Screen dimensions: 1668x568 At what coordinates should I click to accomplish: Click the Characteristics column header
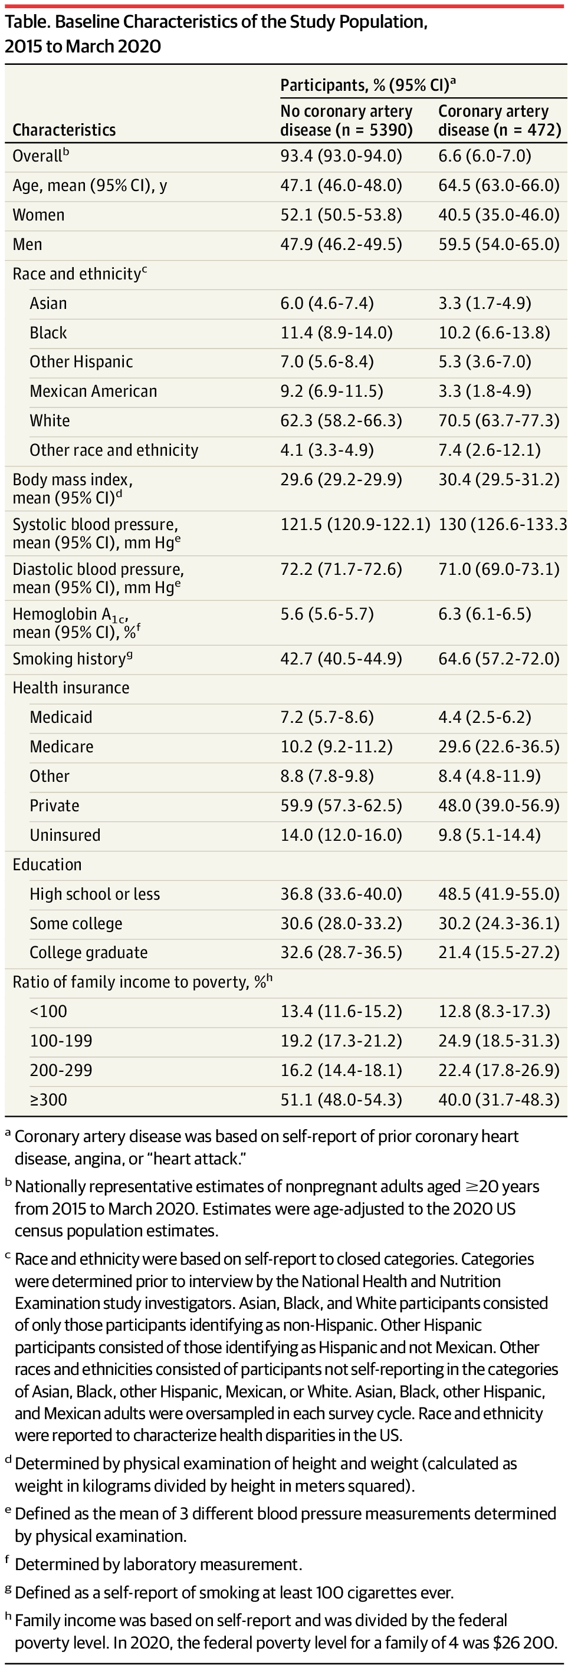pyautogui.click(x=64, y=130)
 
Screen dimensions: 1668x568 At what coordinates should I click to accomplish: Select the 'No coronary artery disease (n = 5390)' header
pyautogui.click(x=346, y=120)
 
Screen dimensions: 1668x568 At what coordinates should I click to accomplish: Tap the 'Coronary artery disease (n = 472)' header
pyautogui.click(x=500, y=120)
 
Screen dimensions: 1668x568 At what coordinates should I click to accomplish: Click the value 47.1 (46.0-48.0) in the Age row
pyautogui.click(x=341, y=186)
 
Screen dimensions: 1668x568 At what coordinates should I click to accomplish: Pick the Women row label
pyautogui.click(x=38, y=215)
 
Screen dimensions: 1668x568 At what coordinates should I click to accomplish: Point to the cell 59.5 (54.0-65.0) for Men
pyautogui.click(x=499, y=244)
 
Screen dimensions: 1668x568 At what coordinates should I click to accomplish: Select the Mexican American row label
pyautogui.click(x=93, y=391)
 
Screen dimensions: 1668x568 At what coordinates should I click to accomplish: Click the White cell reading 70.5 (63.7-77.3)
pyautogui.click(x=499, y=421)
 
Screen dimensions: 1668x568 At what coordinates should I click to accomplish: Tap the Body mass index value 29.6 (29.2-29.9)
pyautogui.click(x=341, y=480)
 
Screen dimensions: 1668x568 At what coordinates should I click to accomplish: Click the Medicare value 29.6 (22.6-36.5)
pyautogui.click(x=499, y=746)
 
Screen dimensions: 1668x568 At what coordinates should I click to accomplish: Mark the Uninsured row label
pyautogui.click(x=65, y=835)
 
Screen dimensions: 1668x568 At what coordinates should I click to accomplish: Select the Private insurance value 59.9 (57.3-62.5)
pyautogui.click(x=341, y=805)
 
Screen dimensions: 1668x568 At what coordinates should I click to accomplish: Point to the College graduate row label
pyautogui.click(x=88, y=952)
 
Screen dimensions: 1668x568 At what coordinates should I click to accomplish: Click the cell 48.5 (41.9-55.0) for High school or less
pyautogui.click(x=499, y=894)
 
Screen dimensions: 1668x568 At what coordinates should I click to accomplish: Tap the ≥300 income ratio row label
pyautogui.click(x=48, y=1100)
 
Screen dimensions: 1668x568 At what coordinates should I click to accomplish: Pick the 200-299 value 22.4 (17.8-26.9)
pyautogui.click(x=499, y=1070)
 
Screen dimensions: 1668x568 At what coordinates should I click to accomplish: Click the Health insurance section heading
pyautogui.click(x=71, y=687)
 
